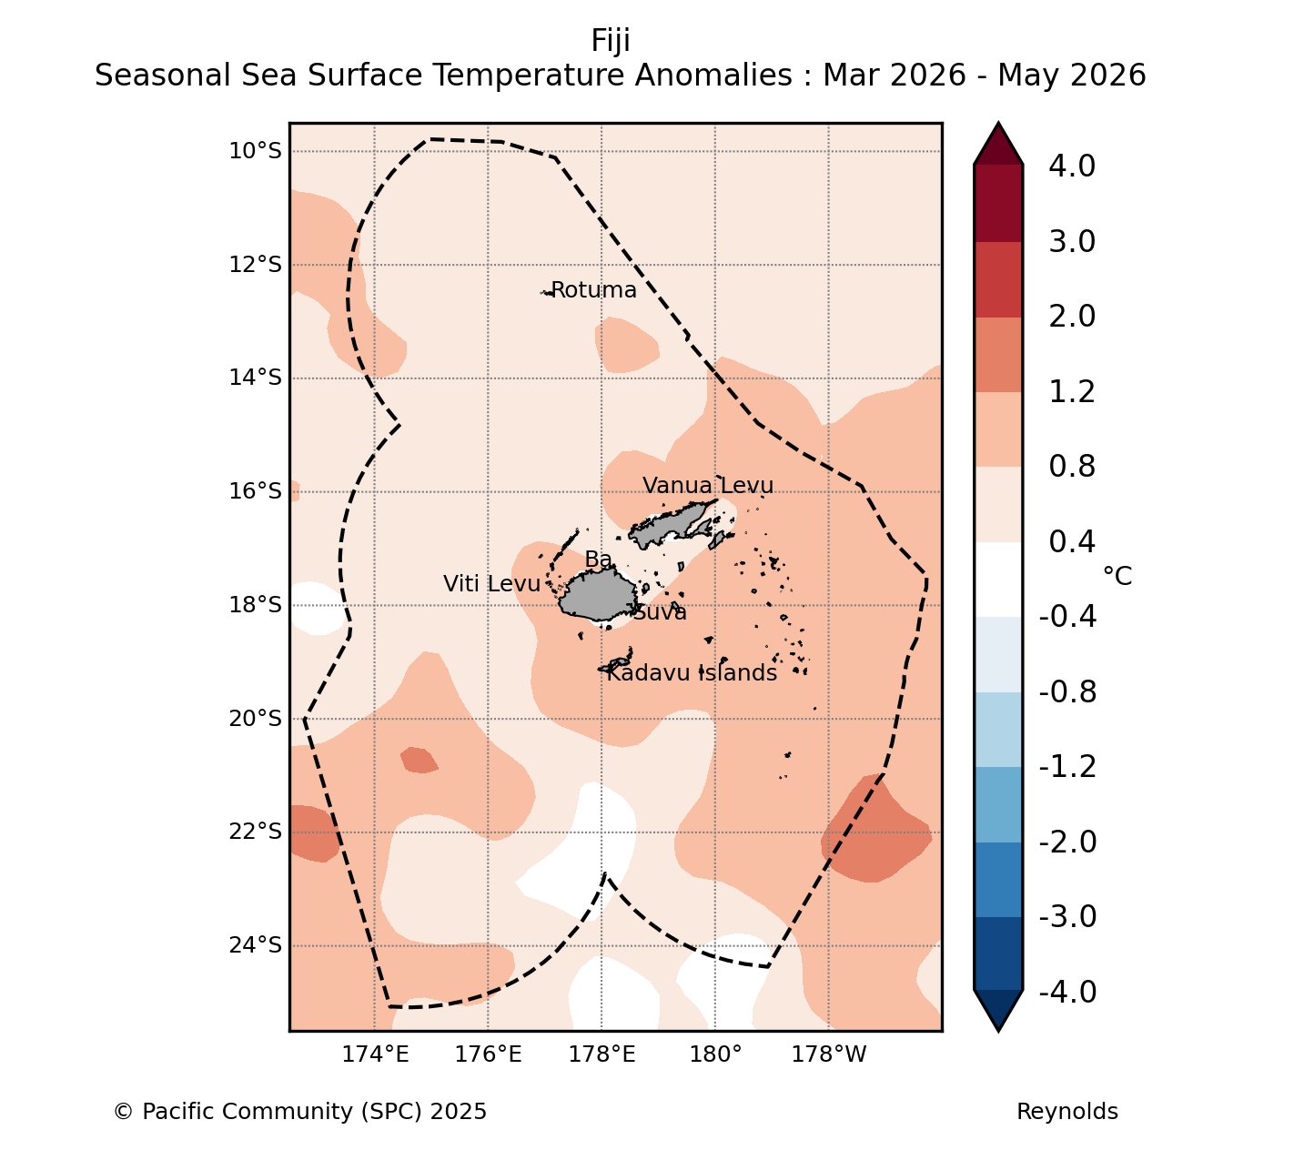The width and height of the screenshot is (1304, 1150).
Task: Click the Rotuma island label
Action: (x=593, y=290)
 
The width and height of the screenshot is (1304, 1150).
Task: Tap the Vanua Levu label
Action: (x=707, y=485)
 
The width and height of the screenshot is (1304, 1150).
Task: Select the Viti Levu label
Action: (x=491, y=584)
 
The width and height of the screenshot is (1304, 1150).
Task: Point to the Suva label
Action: (x=660, y=612)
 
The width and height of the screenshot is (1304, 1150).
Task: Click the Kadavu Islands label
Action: (x=692, y=672)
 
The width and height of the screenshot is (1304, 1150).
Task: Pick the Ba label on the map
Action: (x=598, y=560)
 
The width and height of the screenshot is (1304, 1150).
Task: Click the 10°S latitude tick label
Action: (x=256, y=151)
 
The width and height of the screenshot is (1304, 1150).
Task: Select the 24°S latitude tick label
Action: (x=256, y=945)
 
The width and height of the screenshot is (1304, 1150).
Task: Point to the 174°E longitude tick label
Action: (x=375, y=1054)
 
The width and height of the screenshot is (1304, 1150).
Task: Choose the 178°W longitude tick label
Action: (x=829, y=1054)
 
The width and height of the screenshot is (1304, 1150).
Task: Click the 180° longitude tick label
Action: (x=716, y=1054)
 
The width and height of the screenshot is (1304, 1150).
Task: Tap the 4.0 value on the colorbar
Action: (x=1072, y=166)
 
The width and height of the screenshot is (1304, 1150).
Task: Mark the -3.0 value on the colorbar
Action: (x=1067, y=916)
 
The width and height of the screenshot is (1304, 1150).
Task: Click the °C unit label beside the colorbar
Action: (x=1117, y=576)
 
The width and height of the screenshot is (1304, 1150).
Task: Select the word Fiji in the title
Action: (x=611, y=41)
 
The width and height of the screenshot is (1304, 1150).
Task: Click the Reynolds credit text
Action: (x=1067, y=1112)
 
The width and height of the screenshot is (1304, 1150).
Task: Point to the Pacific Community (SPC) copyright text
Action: (x=300, y=1112)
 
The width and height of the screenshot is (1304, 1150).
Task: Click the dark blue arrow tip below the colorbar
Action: (x=998, y=1030)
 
